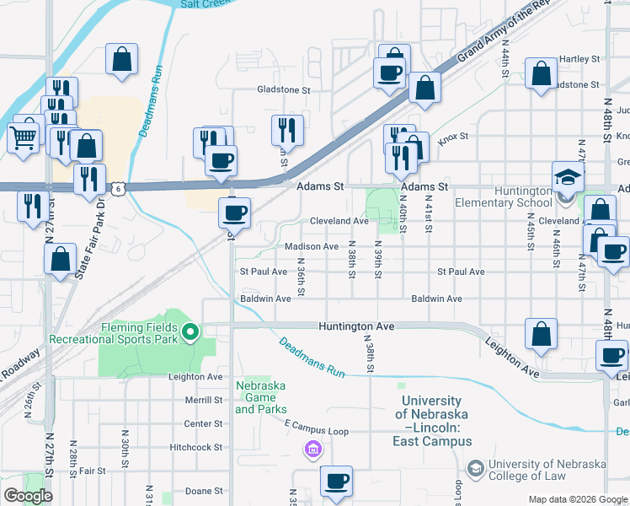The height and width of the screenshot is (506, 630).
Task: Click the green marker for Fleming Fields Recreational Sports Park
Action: click(190, 332)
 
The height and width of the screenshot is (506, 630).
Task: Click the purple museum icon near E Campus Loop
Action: click(313, 449)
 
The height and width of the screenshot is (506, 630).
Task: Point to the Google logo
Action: click(28, 496)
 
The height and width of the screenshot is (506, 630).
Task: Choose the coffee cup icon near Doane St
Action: click(337, 482)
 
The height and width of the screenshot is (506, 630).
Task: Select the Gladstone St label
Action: click(284, 89)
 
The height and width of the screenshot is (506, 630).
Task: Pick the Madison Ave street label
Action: click(312, 246)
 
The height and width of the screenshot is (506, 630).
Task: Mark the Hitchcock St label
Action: click(195, 447)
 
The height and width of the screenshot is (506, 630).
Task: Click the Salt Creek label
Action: click(205, 4)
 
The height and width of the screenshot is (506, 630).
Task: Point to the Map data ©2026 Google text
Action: click(577, 499)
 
